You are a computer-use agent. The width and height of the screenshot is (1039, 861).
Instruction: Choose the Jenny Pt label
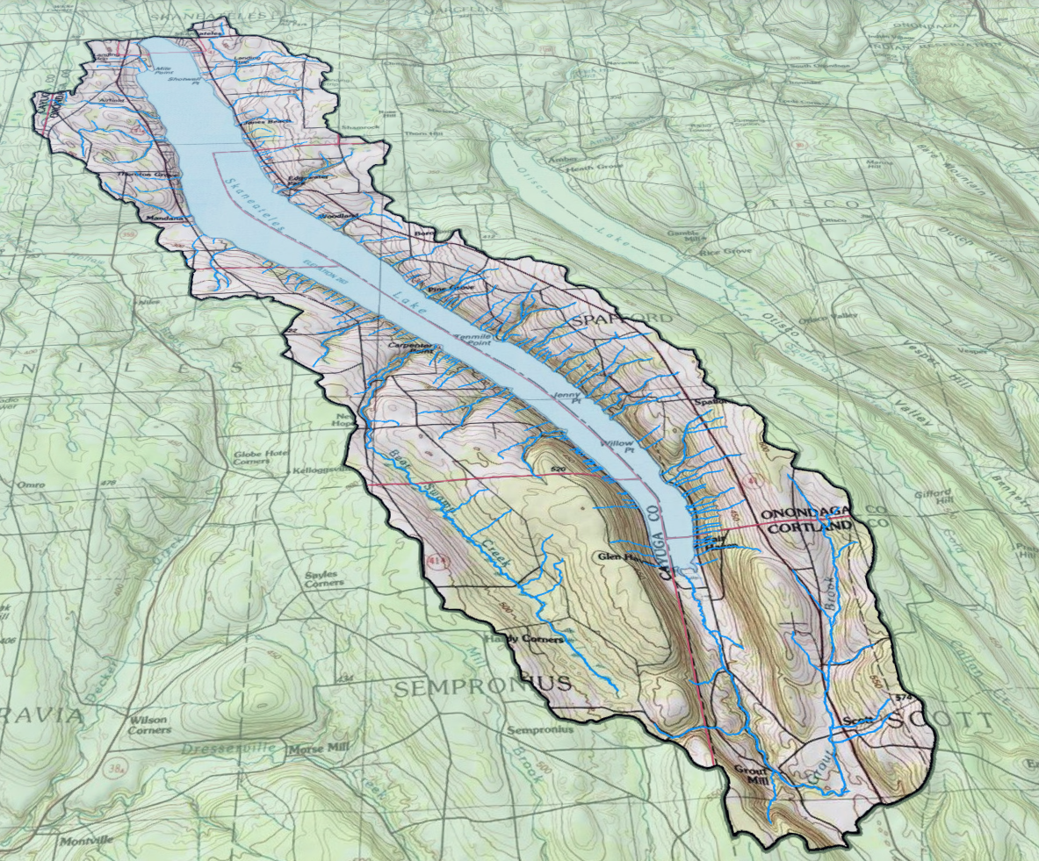(570, 397)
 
